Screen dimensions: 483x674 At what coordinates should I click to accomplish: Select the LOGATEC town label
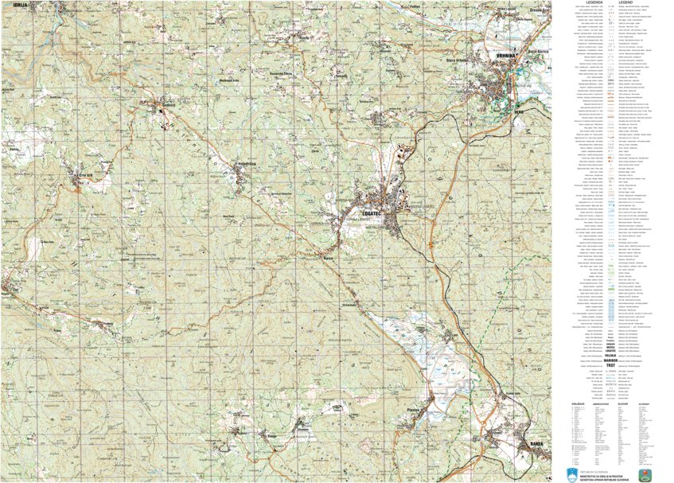373,213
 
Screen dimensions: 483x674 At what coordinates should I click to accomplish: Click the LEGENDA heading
590,3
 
